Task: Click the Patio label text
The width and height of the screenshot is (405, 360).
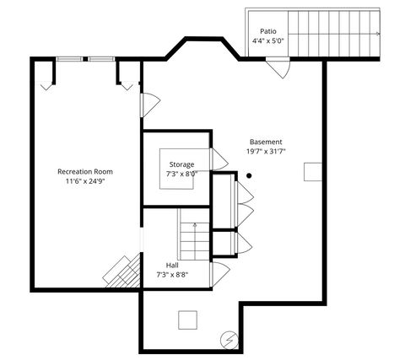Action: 267,31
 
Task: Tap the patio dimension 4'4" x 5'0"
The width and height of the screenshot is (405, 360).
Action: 267,40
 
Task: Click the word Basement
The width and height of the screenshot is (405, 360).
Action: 266,142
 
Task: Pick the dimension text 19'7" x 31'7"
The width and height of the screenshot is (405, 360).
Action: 266,152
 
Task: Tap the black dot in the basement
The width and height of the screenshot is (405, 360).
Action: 249,175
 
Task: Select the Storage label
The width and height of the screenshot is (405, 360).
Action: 181,164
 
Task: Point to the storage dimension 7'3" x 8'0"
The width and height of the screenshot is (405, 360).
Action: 181,174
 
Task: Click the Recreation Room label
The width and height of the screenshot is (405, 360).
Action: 84,171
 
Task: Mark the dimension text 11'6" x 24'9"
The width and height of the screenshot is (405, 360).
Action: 84,181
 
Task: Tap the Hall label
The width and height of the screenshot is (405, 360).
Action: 172,264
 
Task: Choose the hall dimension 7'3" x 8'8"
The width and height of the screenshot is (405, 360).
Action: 172,274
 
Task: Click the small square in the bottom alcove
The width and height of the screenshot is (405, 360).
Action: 187,320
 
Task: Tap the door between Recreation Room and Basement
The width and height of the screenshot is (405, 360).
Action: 149,105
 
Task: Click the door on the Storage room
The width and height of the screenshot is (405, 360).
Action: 217,159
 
